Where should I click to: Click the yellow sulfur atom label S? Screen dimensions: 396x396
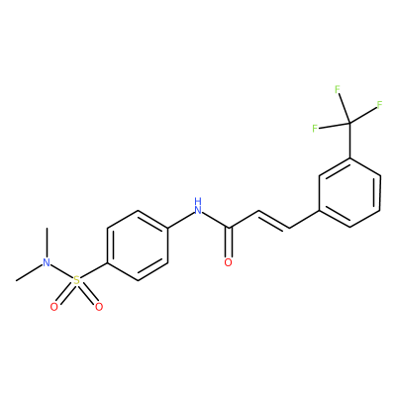[76, 281]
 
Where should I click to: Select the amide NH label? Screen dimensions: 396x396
[198, 206]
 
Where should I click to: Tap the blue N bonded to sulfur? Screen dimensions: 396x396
[48, 262]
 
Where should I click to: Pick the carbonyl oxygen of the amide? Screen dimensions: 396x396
[228, 262]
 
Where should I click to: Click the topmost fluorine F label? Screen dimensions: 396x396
[338, 89]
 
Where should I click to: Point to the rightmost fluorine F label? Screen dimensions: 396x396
[379, 105]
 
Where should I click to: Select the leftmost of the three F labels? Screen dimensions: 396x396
[316, 129]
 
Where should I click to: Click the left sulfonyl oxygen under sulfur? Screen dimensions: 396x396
[54, 307]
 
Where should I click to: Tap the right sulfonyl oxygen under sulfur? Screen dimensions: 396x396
[99, 307]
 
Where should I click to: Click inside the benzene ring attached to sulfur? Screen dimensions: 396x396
[138, 246]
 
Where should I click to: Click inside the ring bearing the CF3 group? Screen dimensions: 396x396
[349, 193]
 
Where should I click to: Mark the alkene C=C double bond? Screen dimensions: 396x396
[273, 221]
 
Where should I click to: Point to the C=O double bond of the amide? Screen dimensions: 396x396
[229, 243]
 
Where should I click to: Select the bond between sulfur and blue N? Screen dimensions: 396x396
[61, 271]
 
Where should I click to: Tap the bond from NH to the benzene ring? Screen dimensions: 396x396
[180, 219]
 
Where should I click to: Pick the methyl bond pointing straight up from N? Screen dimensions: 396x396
[48, 243]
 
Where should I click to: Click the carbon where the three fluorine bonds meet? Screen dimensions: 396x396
[349, 123]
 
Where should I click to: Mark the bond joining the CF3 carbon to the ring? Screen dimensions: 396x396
[349, 140]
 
